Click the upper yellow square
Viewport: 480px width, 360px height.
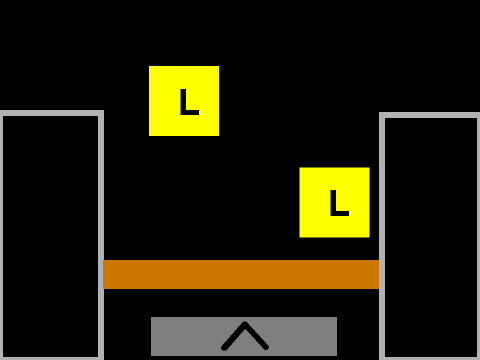pyautogui.click(x=184, y=101)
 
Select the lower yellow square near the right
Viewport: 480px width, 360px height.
pyautogui.click(x=334, y=203)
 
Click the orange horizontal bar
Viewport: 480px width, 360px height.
pyautogui.click(x=241, y=274)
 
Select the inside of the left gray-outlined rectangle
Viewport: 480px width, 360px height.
pyautogui.click(x=51, y=237)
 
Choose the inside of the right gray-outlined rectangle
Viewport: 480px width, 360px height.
pyautogui.click(x=431, y=238)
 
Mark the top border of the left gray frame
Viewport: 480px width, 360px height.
pyautogui.click(x=52, y=113)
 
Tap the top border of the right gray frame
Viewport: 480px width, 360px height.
pyautogui.click(x=430, y=115)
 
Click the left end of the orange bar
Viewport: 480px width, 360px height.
pyautogui.click(x=103, y=274)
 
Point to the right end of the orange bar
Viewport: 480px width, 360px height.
pyautogui.click(x=379, y=274)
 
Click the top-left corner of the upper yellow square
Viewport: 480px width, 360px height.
pyautogui.click(x=149, y=66)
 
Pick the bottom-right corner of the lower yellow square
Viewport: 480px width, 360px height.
pyautogui.click(x=369, y=237)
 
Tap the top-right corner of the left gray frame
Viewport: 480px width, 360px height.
pyautogui.click(x=103, y=111)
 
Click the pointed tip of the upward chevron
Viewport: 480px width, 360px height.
pyautogui.click(x=245, y=323)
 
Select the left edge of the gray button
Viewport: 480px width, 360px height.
pyautogui.click(x=151, y=336)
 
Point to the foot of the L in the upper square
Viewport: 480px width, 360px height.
pyautogui.click(x=190, y=113)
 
